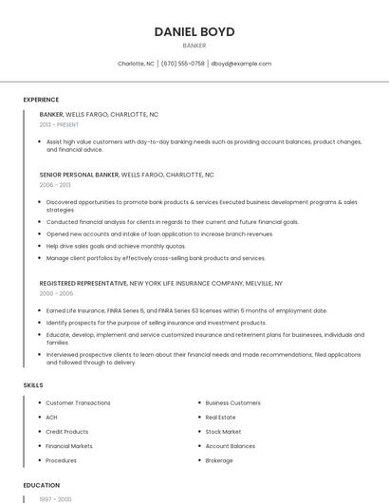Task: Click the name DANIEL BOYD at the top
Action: (194, 31)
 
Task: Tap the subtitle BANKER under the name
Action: (194, 46)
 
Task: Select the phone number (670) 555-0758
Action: (183, 64)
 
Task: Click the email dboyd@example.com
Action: (241, 64)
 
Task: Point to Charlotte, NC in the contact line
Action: (136, 64)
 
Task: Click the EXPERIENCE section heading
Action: (41, 100)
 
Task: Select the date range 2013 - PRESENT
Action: (59, 124)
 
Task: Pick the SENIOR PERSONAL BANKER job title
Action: (80, 175)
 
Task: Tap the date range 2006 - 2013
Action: (54, 185)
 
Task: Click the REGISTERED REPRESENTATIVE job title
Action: (83, 283)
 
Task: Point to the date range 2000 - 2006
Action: (55, 293)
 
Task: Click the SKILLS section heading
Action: (32, 385)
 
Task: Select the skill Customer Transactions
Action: (78, 403)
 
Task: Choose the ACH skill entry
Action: (51, 418)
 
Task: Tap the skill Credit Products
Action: (66, 432)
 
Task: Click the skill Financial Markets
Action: (69, 446)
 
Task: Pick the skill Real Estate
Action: (220, 418)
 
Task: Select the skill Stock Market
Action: (223, 432)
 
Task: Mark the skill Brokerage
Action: (219, 460)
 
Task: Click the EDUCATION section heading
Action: (41, 485)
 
